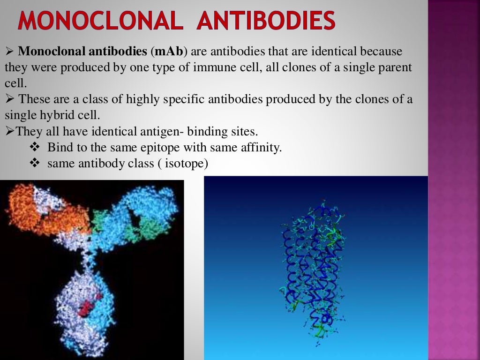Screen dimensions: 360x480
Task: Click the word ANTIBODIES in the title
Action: pos(266,22)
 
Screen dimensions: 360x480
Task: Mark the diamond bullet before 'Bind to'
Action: pos(36,148)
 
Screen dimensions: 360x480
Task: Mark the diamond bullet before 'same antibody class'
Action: pos(36,164)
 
